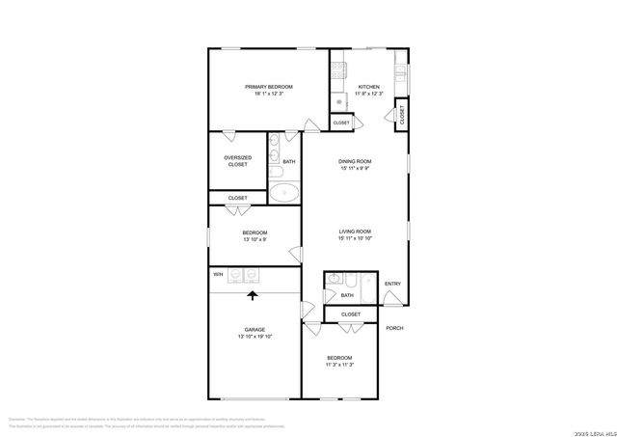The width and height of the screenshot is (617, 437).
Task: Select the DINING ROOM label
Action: click(x=354, y=161)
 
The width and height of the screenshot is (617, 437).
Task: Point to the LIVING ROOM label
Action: click(x=355, y=232)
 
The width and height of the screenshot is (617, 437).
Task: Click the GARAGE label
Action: click(x=255, y=329)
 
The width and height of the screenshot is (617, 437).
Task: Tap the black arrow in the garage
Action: click(x=254, y=297)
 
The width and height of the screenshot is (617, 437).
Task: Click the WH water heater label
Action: click(x=218, y=274)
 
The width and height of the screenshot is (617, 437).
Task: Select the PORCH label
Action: click(x=394, y=328)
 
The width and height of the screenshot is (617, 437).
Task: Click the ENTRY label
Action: click(x=392, y=283)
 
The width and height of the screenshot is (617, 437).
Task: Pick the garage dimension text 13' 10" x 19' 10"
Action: click(x=255, y=337)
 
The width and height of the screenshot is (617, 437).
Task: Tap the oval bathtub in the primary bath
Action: click(x=283, y=191)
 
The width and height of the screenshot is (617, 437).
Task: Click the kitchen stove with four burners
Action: click(x=338, y=69)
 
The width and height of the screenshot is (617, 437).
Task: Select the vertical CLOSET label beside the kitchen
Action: click(x=402, y=114)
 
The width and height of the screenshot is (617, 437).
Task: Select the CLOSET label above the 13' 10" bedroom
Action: click(x=238, y=198)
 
